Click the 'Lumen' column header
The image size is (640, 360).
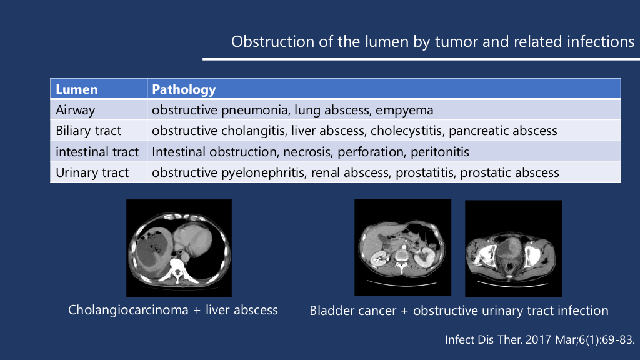[77, 89]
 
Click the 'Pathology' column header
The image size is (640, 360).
[184, 89]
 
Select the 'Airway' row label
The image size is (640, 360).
[76, 110]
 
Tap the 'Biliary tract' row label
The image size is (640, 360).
[89, 131]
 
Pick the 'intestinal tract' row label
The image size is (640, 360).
[97, 152]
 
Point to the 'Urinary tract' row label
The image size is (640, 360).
[92, 172]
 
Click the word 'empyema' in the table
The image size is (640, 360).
[404, 110]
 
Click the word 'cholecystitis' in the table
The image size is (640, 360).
[406, 131]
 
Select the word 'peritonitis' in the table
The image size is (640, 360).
[439, 152]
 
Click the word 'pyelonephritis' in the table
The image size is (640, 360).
[263, 172]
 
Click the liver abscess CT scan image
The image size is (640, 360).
[179, 248]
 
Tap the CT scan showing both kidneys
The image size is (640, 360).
[403, 247]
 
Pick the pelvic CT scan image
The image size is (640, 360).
[514, 249]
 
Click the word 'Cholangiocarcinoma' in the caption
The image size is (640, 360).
[128, 310]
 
